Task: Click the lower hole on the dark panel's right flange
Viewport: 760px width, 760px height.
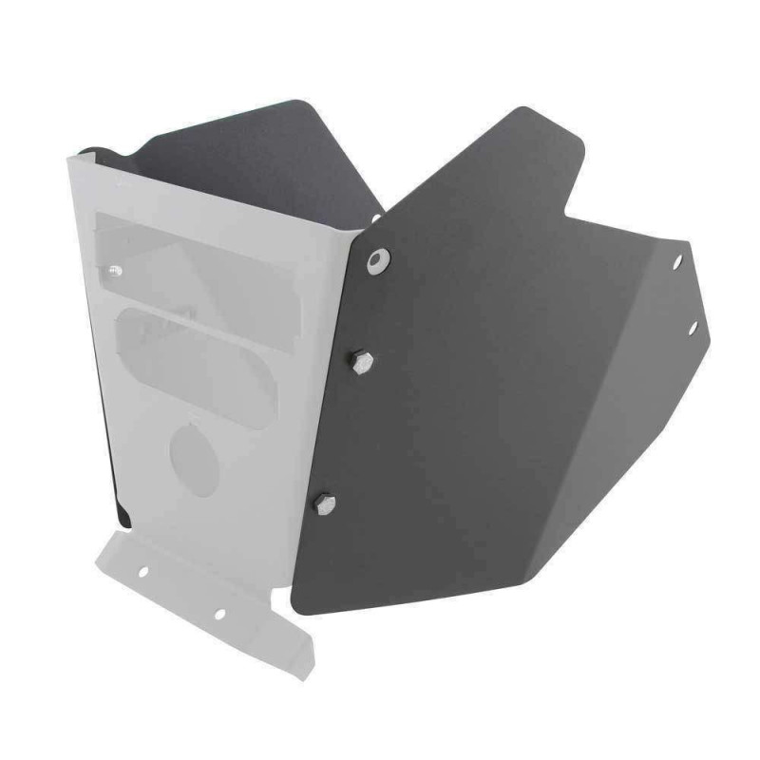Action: pyautogui.click(x=692, y=328)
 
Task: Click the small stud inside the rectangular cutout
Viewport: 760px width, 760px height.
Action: pyautogui.click(x=116, y=273)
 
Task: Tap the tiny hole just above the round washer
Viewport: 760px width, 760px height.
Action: pyautogui.click(x=376, y=219)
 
